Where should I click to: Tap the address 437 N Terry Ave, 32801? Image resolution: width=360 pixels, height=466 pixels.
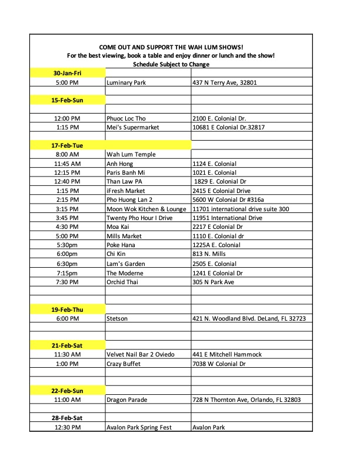click(x=225, y=83)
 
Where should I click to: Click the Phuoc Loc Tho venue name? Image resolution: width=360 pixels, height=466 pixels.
click(x=126, y=118)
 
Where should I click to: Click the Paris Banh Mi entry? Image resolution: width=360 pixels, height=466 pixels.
click(x=128, y=172)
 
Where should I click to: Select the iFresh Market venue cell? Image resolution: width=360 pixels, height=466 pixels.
click(x=126, y=191)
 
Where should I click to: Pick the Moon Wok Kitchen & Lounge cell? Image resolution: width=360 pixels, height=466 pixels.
click(x=147, y=209)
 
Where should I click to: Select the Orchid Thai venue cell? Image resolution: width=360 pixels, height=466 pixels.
click(x=124, y=282)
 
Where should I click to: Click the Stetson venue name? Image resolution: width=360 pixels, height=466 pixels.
click(x=116, y=318)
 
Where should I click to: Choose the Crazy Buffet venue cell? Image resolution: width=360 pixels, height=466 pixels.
click(x=124, y=364)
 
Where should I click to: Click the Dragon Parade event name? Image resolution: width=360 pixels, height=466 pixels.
click(x=127, y=400)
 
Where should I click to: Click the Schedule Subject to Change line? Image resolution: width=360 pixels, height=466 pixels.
click(x=171, y=64)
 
